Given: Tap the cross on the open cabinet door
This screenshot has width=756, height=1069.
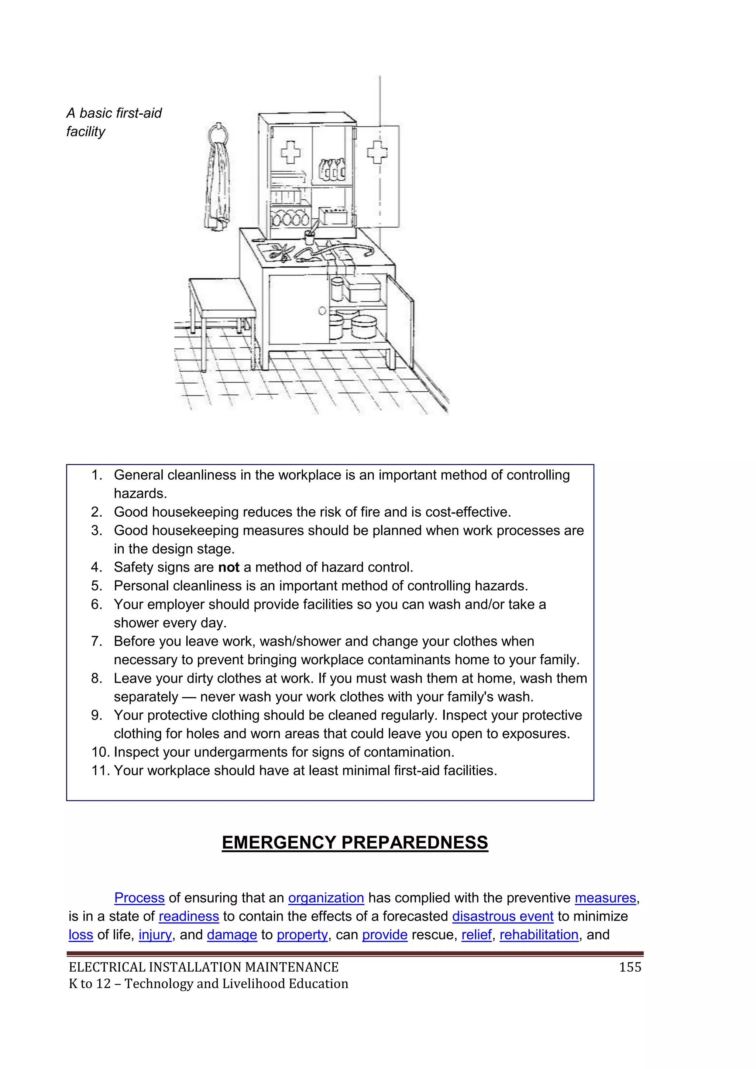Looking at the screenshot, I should pyautogui.click(x=377, y=152).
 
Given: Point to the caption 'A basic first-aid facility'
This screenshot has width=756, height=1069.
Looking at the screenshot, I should pyautogui.click(x=114, y=122).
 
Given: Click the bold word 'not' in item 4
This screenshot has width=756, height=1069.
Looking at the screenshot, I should pyautogui.click(x=228, y=567).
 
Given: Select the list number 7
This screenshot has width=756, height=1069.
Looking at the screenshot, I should pyautogui.click(x=96, y=641).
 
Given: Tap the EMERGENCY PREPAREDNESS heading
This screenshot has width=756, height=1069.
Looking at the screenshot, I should pyautogui.click(x=355, y=842).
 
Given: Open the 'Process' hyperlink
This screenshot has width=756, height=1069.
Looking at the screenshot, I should pyautogui.click(x=139, y=898).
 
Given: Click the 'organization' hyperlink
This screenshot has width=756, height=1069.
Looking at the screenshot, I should pyautogui.click(x=326, y=898).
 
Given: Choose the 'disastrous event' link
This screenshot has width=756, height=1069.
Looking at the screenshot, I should pyautogui.click(x=502, y=916).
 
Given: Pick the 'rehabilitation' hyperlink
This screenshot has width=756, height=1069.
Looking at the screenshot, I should pyautogui.click(x=539, y=935).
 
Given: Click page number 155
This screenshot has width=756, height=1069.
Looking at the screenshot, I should pyautogui.click(x=630, y=967).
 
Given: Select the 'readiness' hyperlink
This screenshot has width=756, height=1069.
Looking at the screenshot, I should pyautogui.click(x=189, y=916).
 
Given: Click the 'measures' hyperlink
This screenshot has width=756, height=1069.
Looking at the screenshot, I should pyautogui.click(x=605, y=898).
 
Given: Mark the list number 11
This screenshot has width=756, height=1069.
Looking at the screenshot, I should pyautogui.click(x=100, y=771).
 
